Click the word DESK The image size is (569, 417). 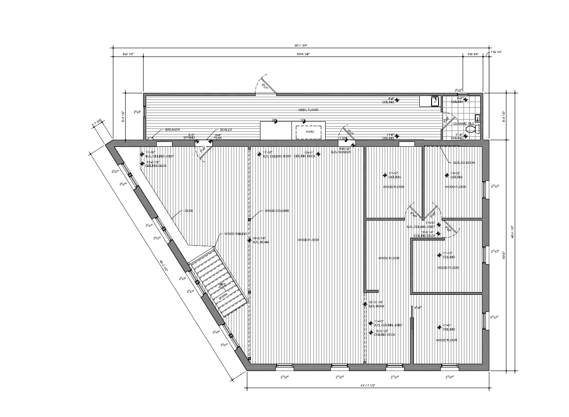tap(189, 211)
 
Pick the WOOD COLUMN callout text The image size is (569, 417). tap(277, 211)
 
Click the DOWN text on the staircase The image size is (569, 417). tap(223, 296)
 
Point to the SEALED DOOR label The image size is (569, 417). tap(464, 163)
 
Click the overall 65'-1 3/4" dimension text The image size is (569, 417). tap(302, 45)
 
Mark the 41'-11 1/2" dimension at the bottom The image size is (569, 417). tap(368, 385)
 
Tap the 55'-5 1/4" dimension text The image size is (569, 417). tap(303, 54)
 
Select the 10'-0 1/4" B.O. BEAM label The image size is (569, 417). tap(261, 240)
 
